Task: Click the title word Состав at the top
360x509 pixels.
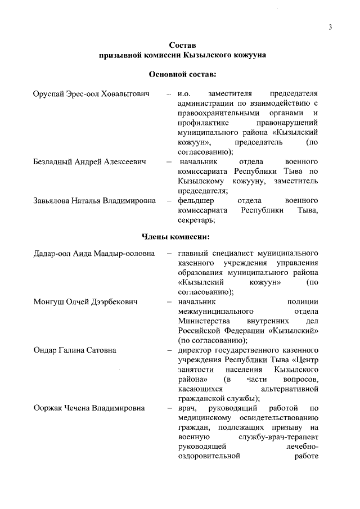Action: (183, 45)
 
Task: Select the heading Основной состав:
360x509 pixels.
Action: (182, 74)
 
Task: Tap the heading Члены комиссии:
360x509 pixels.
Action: (183, 236)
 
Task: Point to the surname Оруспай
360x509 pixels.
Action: (49, 93)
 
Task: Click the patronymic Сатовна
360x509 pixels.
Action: (100, 350)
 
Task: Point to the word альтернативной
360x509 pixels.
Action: (290, 389)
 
